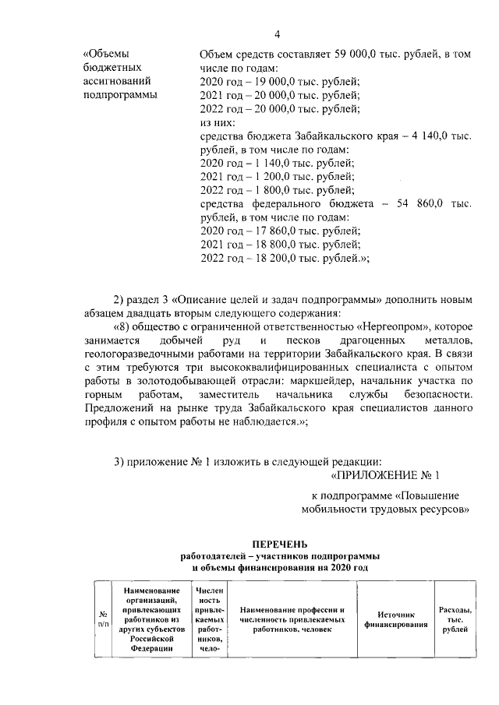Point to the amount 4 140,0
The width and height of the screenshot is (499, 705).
coord(420,136)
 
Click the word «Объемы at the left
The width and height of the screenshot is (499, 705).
coord(108,54)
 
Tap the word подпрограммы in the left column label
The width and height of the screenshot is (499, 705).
coord(119,95)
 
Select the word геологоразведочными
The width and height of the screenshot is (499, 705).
coord(137,354)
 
